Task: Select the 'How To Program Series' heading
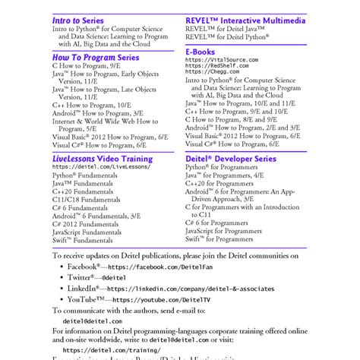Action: click(96, 57)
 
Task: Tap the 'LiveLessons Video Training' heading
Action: click(103, 158)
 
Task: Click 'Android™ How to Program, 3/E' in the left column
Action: click(97, 112)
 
